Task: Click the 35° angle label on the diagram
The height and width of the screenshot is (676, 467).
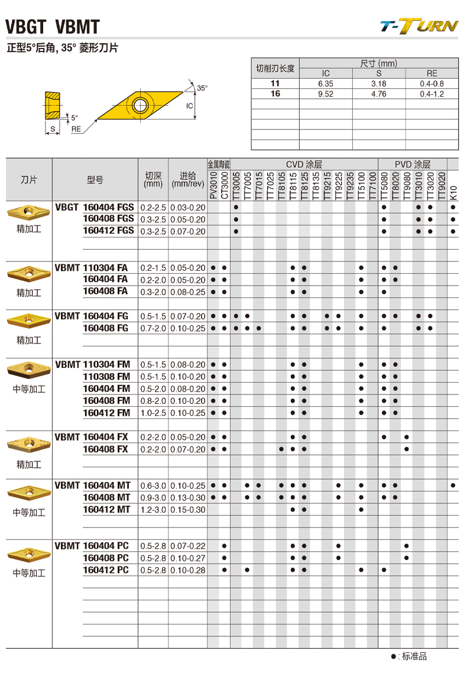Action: (x=202, y=88)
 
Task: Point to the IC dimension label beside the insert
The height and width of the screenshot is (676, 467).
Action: (x=190, y=106)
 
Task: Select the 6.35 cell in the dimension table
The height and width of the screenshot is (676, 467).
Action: (x=326, y=84)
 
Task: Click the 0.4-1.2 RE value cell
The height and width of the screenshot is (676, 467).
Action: (x=432, y=94)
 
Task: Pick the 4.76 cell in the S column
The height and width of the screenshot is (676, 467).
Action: (x=379, y=94)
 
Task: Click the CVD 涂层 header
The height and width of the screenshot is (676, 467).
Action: (x=304, y=164)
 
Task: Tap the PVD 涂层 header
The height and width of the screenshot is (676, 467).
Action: (x=413, y=164)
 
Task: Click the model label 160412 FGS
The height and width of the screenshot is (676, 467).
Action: (x=108, y=231)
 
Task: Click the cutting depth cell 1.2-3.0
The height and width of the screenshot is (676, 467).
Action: (x=153, y=509)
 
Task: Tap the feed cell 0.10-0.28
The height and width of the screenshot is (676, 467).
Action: (x=187, y=570)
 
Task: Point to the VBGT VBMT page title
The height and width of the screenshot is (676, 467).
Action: (x=52, y=27)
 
